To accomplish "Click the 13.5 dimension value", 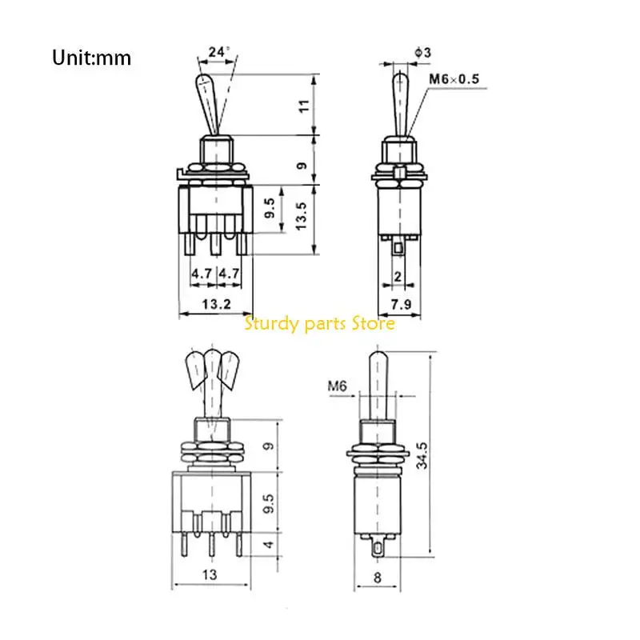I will pyautogui.click(x=302, y=215).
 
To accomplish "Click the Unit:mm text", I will pyautogui.click(x=91, y=58).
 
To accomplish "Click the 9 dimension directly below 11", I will pyautogui.click(x=302, y=165).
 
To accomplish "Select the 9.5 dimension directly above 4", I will pyautogui.click(x=270, y=502).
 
